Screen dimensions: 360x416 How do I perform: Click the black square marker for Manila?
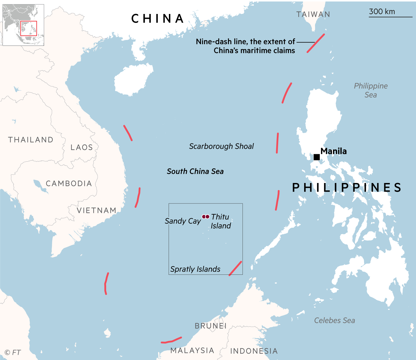316,157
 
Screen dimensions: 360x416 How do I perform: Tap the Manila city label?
334,151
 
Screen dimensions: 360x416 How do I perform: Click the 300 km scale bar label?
382,12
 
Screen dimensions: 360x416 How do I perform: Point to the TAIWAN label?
313,15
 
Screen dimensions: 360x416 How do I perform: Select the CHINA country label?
158,19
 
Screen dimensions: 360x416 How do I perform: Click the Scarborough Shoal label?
221,146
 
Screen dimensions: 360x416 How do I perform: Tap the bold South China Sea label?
195,171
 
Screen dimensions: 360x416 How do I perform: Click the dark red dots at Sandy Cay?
206,217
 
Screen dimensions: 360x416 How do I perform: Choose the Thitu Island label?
221,221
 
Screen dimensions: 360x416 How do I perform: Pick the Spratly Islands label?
195,269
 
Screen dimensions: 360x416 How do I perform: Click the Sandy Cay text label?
183,221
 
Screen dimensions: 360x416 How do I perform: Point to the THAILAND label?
31,140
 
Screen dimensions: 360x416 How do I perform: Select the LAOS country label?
82,147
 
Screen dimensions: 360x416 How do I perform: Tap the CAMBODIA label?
69,183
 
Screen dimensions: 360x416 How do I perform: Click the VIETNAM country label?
97,210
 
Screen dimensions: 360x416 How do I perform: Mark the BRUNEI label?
211,326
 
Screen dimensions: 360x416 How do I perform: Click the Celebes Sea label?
334,320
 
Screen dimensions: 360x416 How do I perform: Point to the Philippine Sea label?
371,90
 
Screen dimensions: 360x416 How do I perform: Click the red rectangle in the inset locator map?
29,28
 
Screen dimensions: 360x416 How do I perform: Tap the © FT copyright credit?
13,353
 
